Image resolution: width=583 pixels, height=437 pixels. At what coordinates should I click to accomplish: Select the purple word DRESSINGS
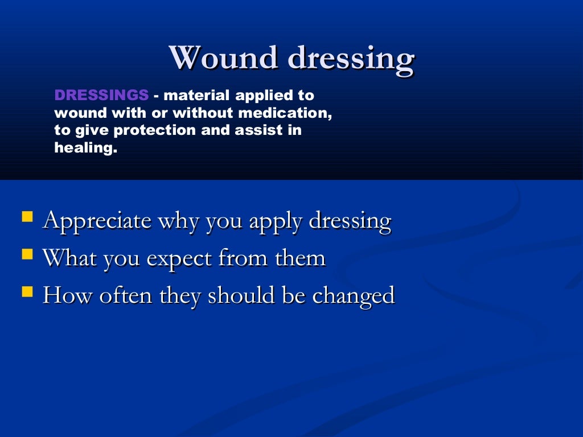click(x=101, y=95)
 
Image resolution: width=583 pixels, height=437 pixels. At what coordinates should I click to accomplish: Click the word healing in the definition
click(x=85, y=149)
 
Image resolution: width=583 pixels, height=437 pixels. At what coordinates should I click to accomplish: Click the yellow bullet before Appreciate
click(x=27, y=216)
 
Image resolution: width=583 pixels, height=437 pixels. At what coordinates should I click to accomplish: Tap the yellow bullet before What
click(x=27, y=254)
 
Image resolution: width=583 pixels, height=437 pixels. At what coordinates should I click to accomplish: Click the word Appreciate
click(x=97, y=221)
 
